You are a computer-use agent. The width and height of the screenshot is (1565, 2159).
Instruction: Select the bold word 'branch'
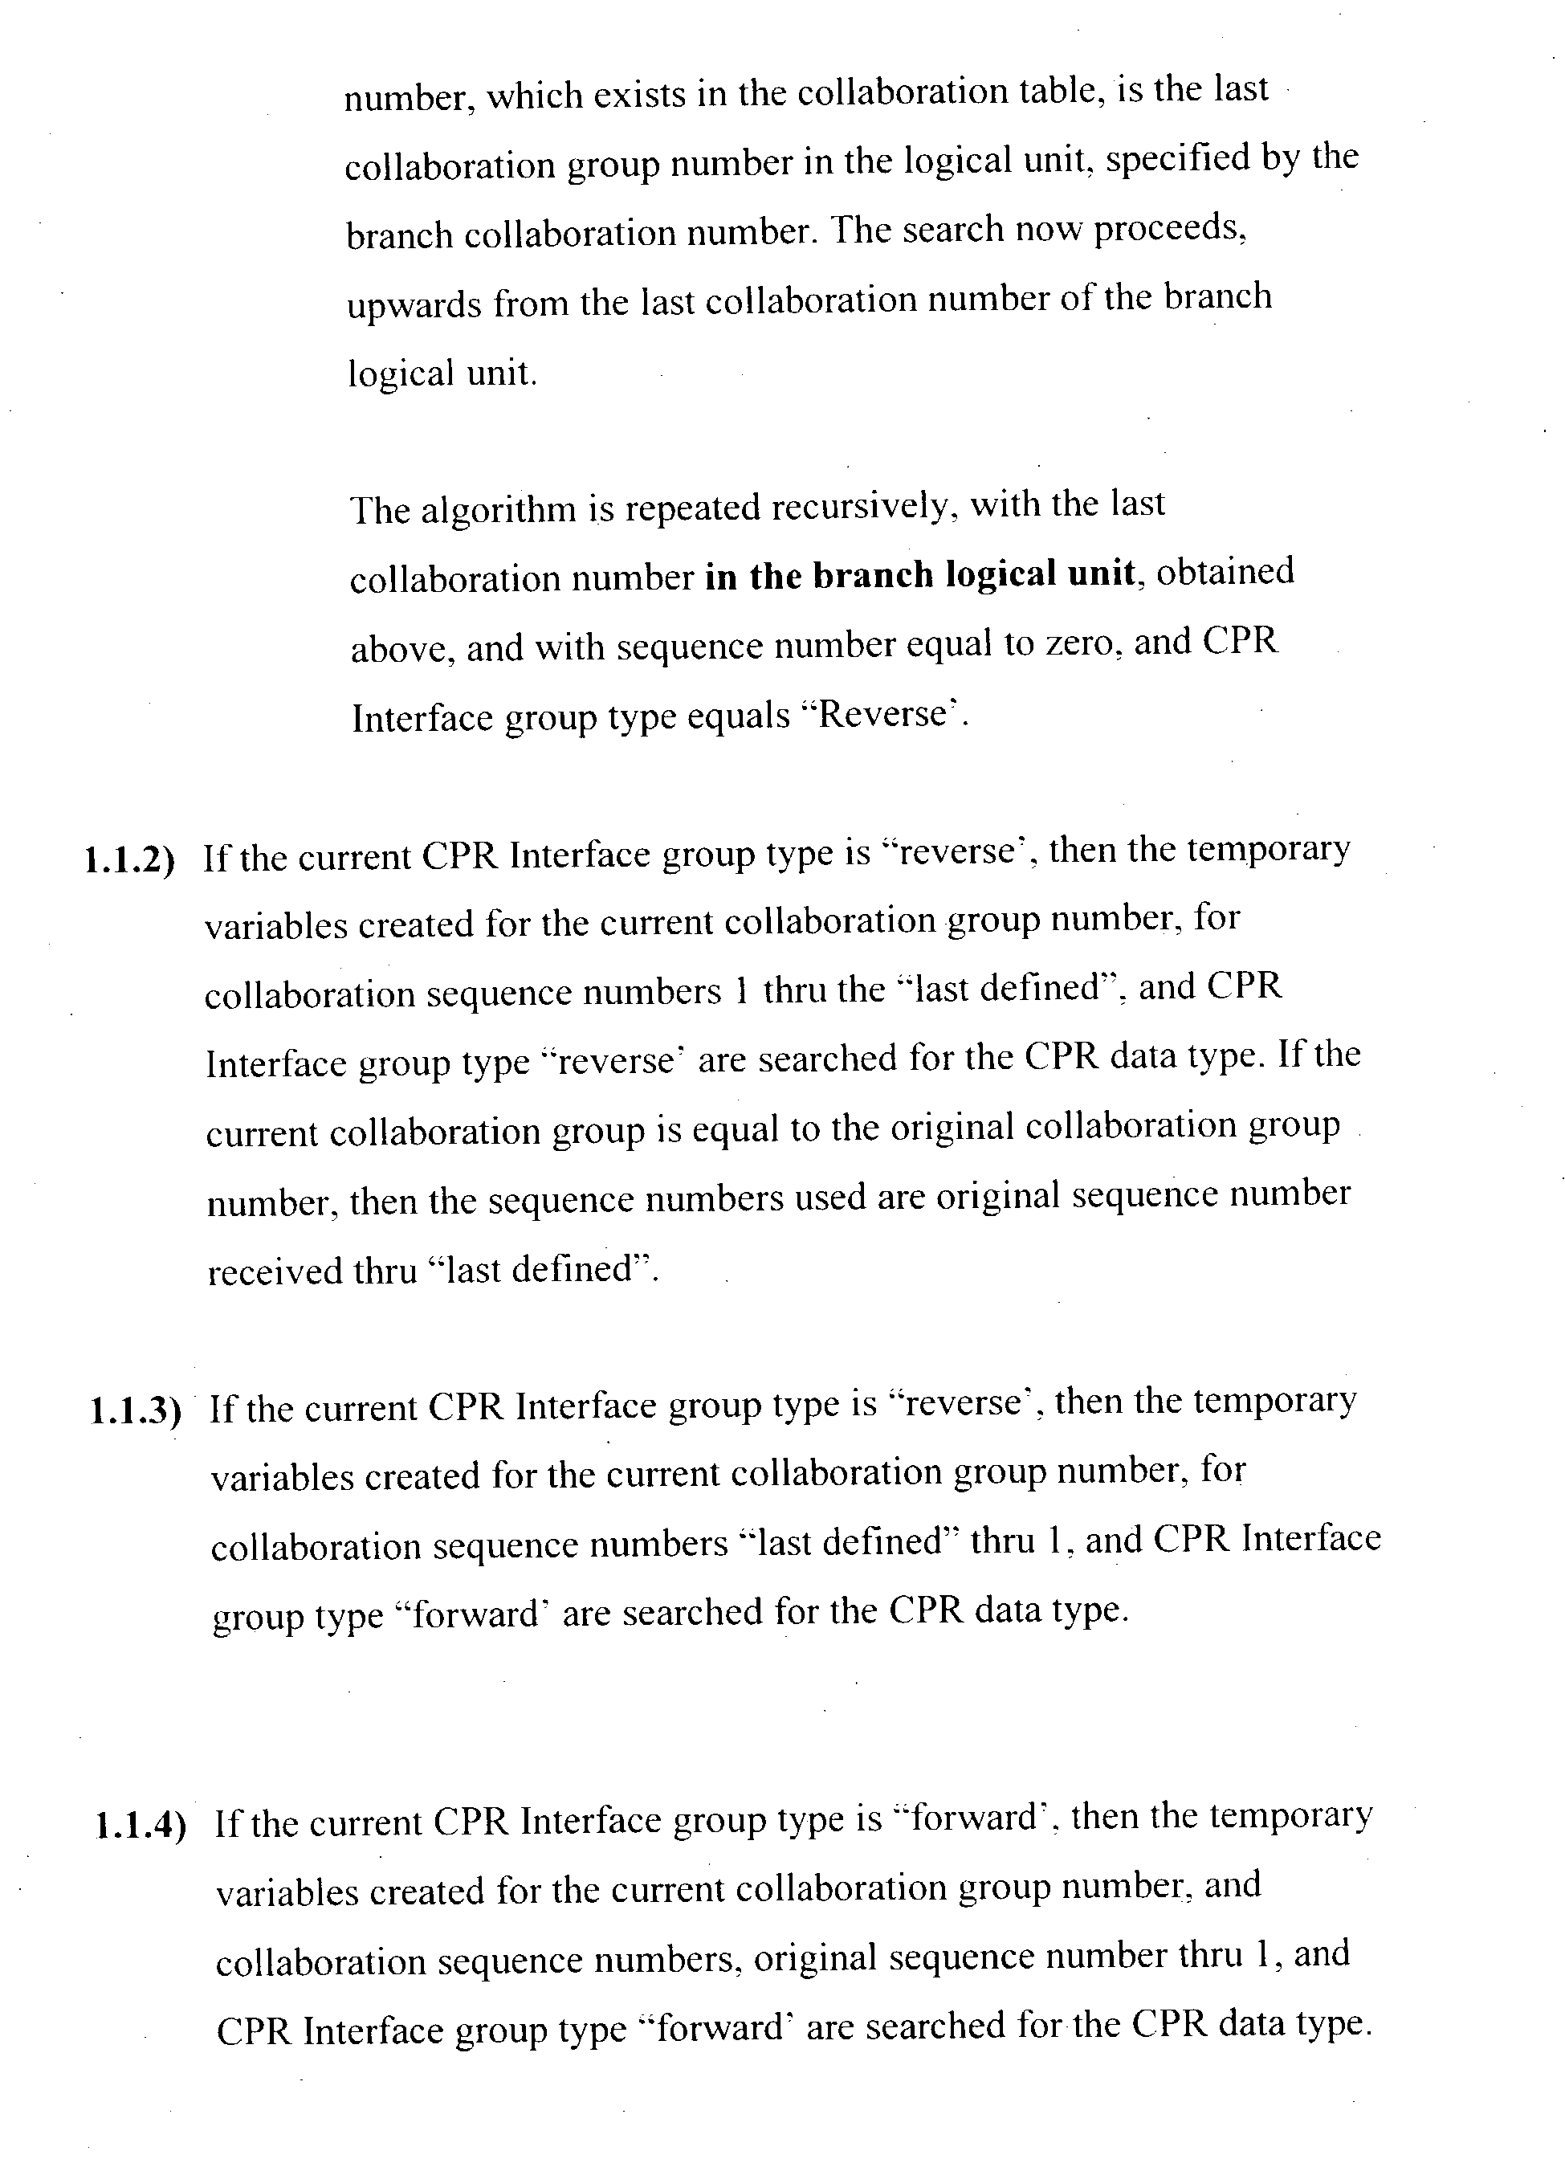[x=873, y=575]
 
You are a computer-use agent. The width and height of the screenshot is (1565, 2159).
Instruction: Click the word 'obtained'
[x=1225, y=572]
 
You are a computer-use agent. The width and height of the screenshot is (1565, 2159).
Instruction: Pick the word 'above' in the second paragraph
[x=399, y=648]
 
